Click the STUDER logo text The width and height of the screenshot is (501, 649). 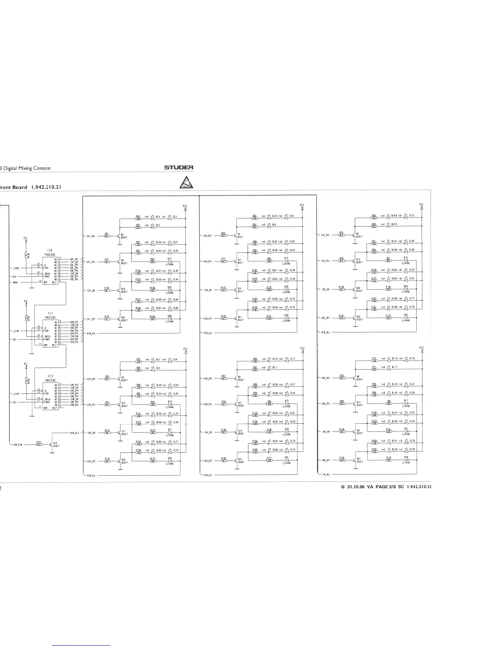178,168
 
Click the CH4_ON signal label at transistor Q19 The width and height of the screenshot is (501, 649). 207,432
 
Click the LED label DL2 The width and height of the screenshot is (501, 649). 157,225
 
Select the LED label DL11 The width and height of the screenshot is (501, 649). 275,368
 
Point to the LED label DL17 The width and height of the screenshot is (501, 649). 394,367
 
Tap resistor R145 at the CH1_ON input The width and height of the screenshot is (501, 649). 106,290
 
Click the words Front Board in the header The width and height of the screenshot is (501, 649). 13,188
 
